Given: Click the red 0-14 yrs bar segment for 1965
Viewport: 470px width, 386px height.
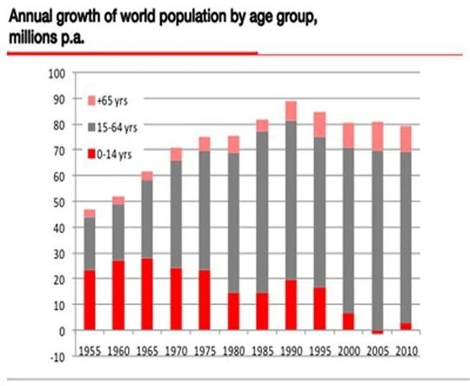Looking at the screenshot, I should [x=147, y=293].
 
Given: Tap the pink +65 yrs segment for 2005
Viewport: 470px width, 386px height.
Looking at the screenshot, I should [x=377, y=136].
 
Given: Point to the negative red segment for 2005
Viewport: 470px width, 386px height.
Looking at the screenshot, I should [x=377, y=332].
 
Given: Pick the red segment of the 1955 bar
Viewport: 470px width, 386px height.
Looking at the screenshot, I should [x=90, y=300].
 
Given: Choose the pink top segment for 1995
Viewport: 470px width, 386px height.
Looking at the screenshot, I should [x=319, y=124].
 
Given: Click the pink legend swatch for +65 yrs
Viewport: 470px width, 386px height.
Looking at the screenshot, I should [x=92, y=99].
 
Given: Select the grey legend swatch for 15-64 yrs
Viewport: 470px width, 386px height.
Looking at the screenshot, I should [x=92, y=126].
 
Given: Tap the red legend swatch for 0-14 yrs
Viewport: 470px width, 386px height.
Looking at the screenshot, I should [x=92, y=153].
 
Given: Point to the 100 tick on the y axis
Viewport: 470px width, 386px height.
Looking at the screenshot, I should [x=57, y=73].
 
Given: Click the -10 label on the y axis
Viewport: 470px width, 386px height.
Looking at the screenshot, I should [x=57, y=357].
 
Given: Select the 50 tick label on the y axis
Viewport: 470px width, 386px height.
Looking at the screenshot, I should [x=59, y=201].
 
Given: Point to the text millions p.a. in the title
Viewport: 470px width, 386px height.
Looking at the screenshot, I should [x=46, y=37].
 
